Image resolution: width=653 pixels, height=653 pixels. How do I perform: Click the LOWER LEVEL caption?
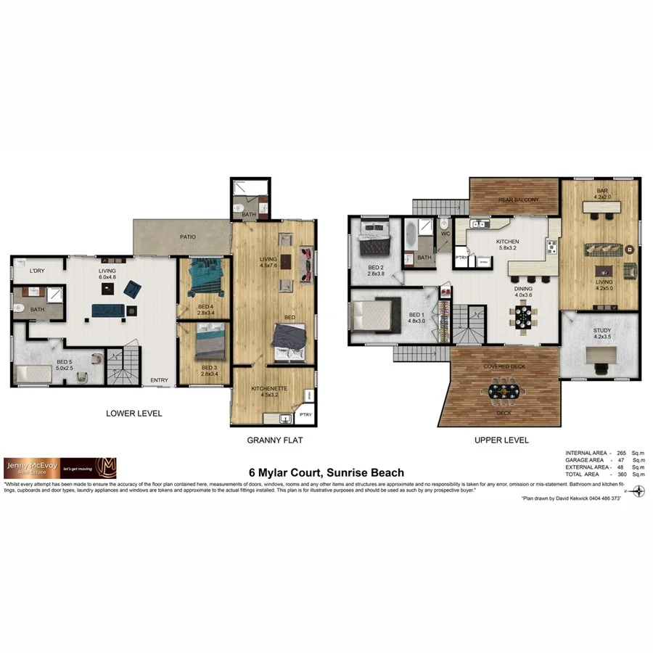[x=134, y=414]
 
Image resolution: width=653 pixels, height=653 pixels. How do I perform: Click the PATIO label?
[x=189, y=237]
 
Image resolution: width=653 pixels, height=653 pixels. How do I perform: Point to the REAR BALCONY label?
[x=518, y=200]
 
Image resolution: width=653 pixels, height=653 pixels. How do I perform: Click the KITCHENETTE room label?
[x=269, y=389]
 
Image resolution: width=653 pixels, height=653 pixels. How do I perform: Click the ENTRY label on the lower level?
[x=159, y=380]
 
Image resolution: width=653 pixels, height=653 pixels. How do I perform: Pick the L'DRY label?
[x=37, y=271]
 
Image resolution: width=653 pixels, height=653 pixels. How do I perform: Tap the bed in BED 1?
[x=375, y=315]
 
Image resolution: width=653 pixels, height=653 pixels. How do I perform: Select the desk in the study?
[x=601, y=356]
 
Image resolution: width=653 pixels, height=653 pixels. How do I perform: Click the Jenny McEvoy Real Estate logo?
[x=60, y=468]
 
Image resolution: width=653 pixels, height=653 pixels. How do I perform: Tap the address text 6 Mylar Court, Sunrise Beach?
[x=326, y=473]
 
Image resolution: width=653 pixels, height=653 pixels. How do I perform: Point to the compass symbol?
[x=638, y=490]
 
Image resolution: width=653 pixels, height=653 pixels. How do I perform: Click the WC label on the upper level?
[x=445, y=234]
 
